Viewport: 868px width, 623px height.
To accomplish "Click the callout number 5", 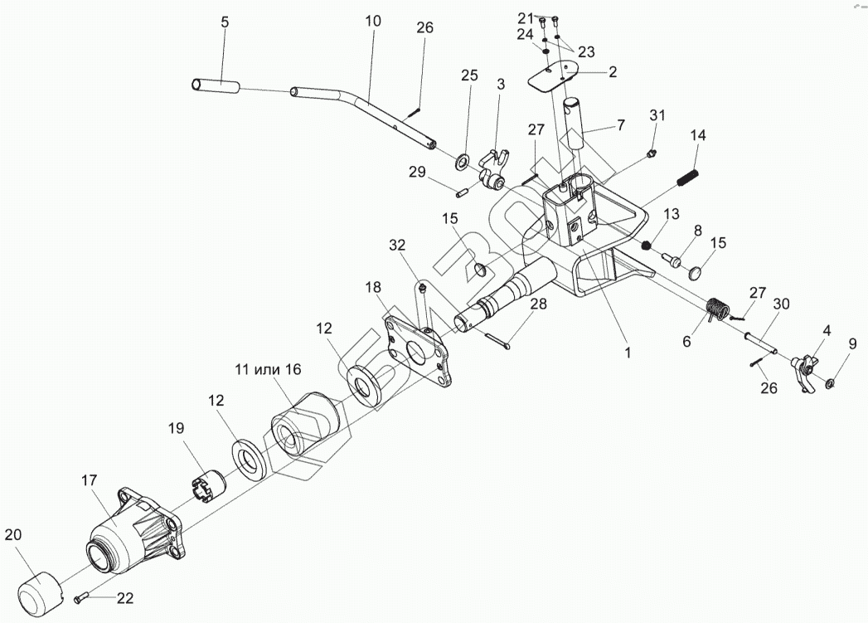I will tap(225, 22).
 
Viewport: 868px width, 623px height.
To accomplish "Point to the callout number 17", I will tap(90, 479).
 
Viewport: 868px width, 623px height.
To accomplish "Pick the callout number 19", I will tap(176, 428).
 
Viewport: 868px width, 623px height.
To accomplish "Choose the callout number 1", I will tap(628, 352).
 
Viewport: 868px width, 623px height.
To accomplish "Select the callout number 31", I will tap(657, 115).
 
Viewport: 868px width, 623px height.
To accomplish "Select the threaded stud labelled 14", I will tap(688, 178).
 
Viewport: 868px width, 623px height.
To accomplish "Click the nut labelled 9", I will tap(832, 383).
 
